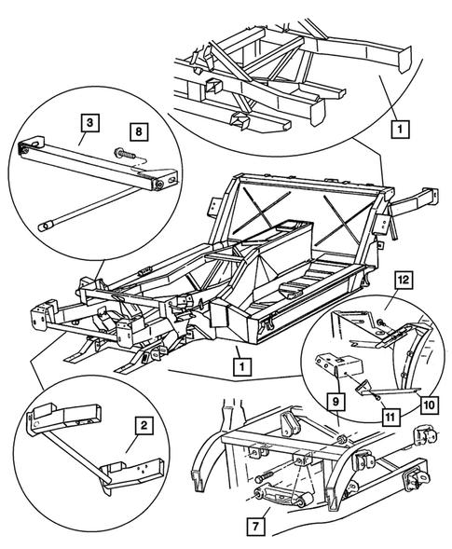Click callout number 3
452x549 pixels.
88,121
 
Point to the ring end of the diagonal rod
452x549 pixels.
44,225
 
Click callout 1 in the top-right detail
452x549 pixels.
400,125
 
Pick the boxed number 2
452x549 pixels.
144,427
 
